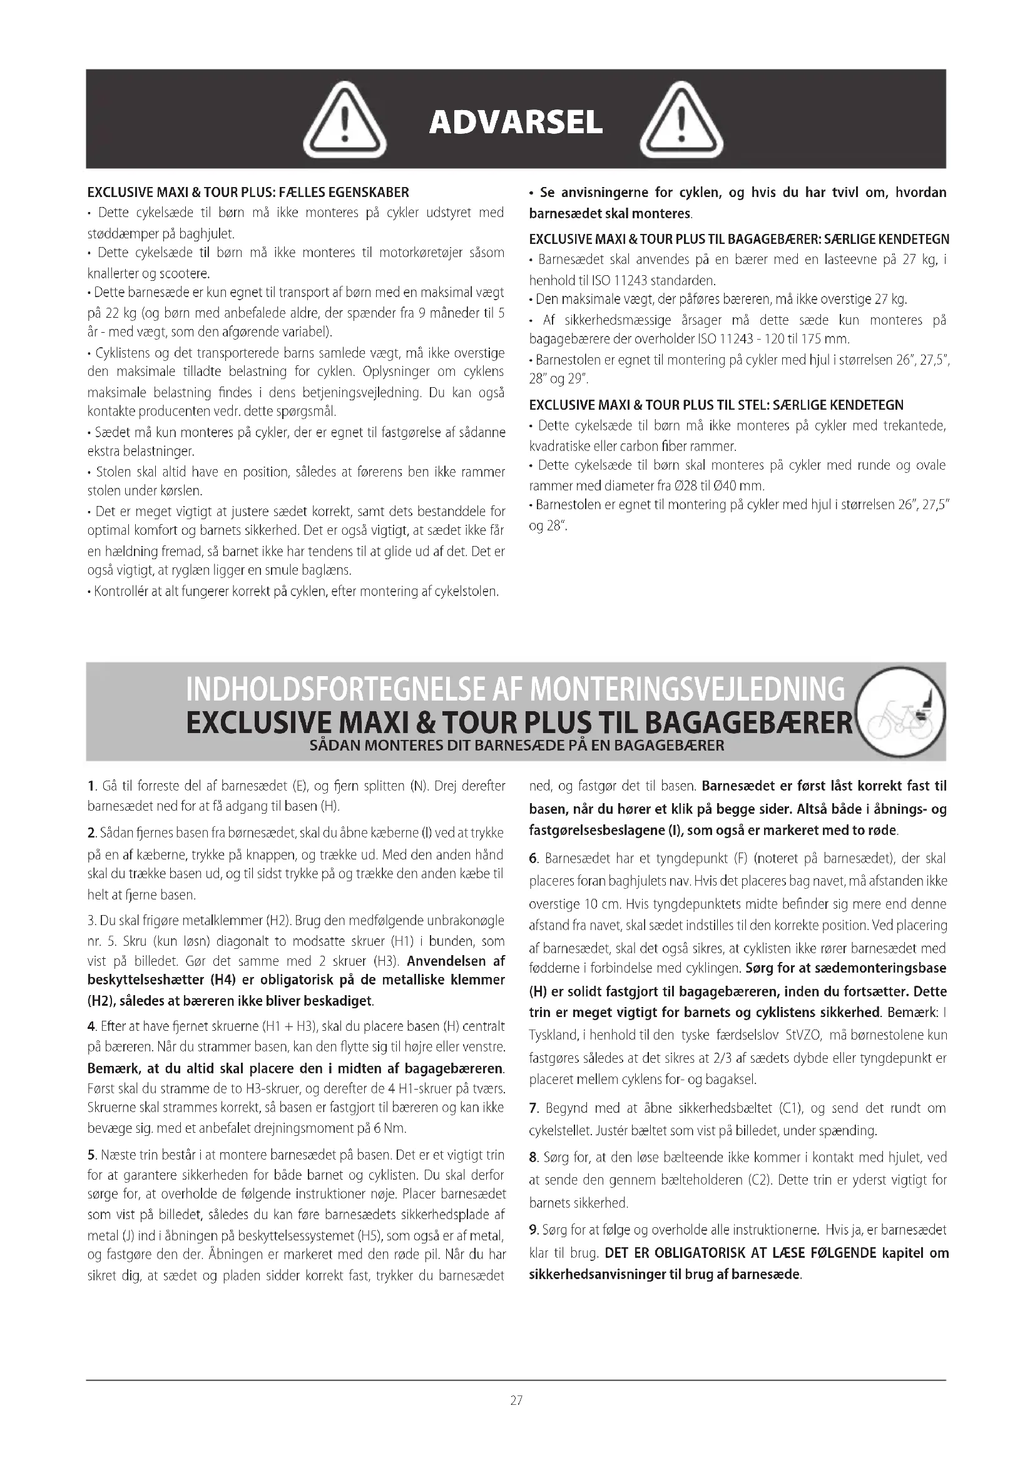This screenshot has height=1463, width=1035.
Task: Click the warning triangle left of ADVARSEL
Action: point(344,121)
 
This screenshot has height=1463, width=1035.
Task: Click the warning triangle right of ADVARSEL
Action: point(681,121)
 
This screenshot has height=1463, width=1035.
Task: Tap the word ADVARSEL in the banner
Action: point(516,122)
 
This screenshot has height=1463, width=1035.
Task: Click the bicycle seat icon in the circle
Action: point(900,712)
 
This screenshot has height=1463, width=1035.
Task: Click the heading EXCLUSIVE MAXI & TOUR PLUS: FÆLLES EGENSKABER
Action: point(248,193)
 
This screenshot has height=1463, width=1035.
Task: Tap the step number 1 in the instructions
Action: point(91,786)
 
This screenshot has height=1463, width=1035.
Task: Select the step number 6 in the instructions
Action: point(533,858)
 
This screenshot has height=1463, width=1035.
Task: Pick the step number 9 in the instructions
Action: point(533,1230)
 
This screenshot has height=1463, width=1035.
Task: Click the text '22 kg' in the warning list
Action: point(119,313)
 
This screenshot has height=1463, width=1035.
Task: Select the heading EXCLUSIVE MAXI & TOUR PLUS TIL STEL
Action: point(716,405)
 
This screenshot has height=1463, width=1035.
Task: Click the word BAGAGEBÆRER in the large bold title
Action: point(748,722)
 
